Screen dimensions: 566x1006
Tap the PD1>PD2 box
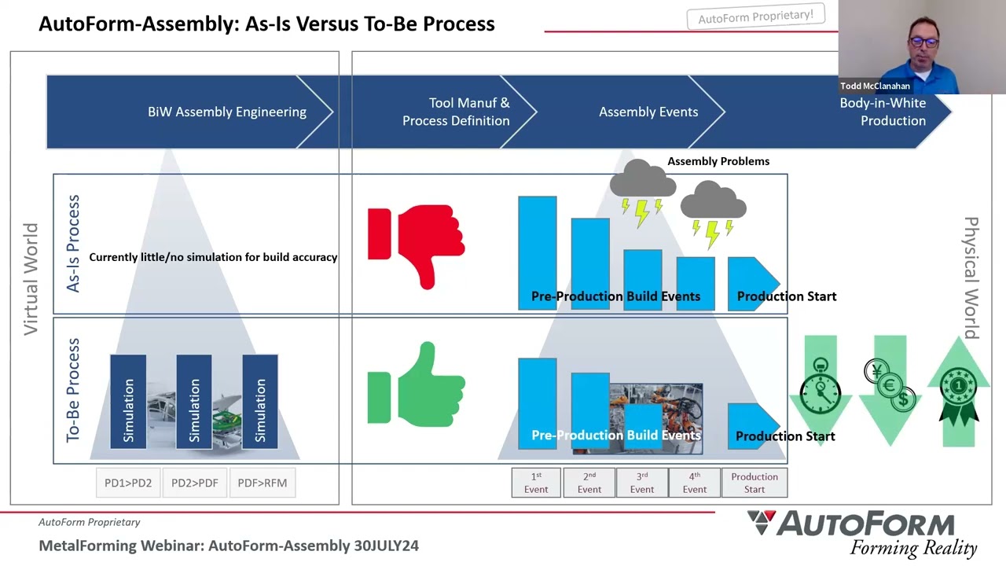coord(128,483)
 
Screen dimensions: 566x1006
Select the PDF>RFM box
coord(263,483)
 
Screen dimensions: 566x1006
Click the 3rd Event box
coord(642,483)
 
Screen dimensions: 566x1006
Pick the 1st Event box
coord(536,483)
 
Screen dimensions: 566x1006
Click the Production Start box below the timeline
coord(754,483)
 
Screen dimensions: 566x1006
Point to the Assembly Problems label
coord(718,161)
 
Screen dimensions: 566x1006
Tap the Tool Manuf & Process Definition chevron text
coord(456,112)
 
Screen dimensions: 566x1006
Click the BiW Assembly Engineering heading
coord(227,112)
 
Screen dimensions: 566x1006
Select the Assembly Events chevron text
coord(648,112)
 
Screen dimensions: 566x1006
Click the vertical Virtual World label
coord(31,279)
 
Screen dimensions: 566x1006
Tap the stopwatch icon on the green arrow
coord(821,387)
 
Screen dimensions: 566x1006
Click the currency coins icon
coord(890,384)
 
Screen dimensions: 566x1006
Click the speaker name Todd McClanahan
coord(875,86)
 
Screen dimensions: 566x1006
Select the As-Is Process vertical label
coord(73,244)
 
